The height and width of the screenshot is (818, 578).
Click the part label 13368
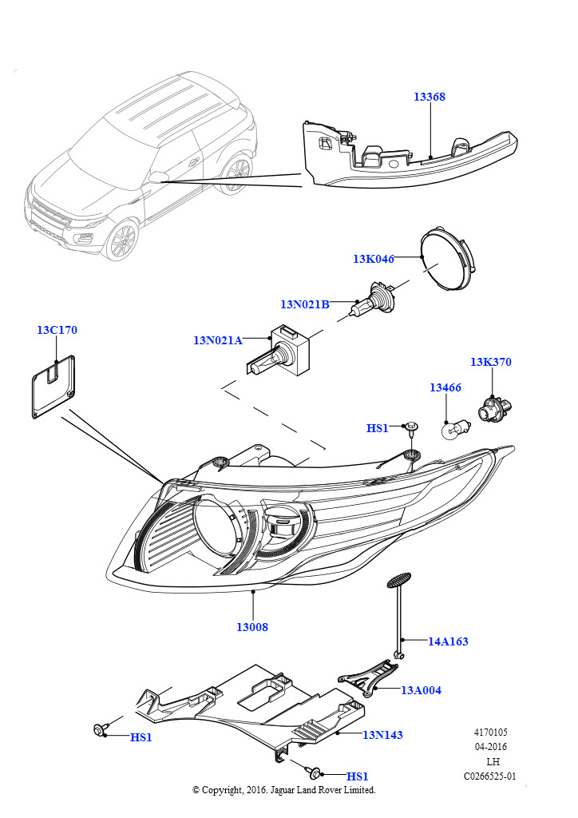tap(429, 97)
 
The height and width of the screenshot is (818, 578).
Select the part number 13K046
tap(374, 259)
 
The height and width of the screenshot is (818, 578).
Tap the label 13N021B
tap(304, 304)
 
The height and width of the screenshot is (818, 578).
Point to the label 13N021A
tap(217, 340)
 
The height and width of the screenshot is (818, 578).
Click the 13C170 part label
tap(57, 330)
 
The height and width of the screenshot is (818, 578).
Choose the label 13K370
tap(490, 362)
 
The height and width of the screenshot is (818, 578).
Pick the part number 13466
tap(445, 387)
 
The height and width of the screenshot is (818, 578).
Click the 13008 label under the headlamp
tap(251, 627)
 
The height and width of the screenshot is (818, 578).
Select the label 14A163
tap(448, 641)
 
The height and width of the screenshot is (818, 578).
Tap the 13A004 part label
tap(421, 690)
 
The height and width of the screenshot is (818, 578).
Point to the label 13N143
tap(382, 735)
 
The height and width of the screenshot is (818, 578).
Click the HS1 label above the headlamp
tap(377, 428)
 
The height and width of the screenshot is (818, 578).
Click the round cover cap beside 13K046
tap(447, 259)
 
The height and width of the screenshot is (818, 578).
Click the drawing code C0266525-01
tap(490, 776)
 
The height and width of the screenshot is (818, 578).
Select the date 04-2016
tap(490, 747)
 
